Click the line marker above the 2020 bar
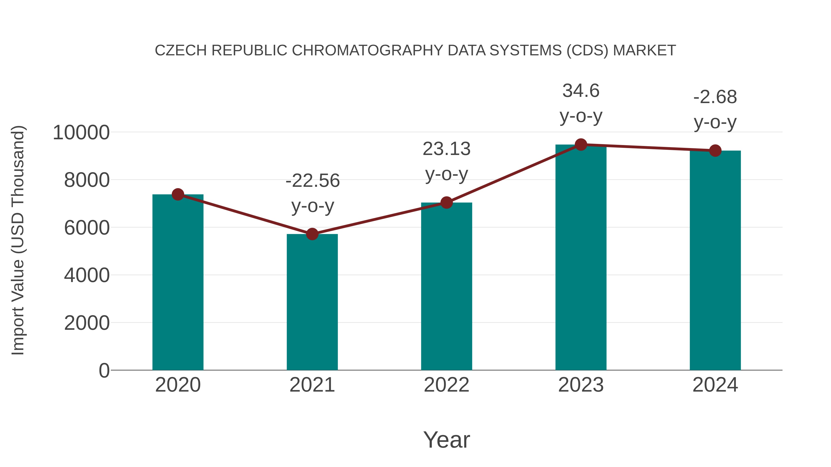click(x=178, y=194)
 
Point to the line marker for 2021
click(x=312, y=234)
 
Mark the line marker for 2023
click(x=581, y=145)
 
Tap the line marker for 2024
click(x=715, y=151)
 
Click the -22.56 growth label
click(x=312, y=181)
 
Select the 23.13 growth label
click(x=446, y=149)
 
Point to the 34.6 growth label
click(x=581, y=91)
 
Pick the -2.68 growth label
click(x=715, y=97)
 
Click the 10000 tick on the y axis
click(x=81, y=132)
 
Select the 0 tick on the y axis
click(x=104, y=370)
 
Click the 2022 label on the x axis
click(x=446, y=385)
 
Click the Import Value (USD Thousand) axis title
click(x=18, y=240)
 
